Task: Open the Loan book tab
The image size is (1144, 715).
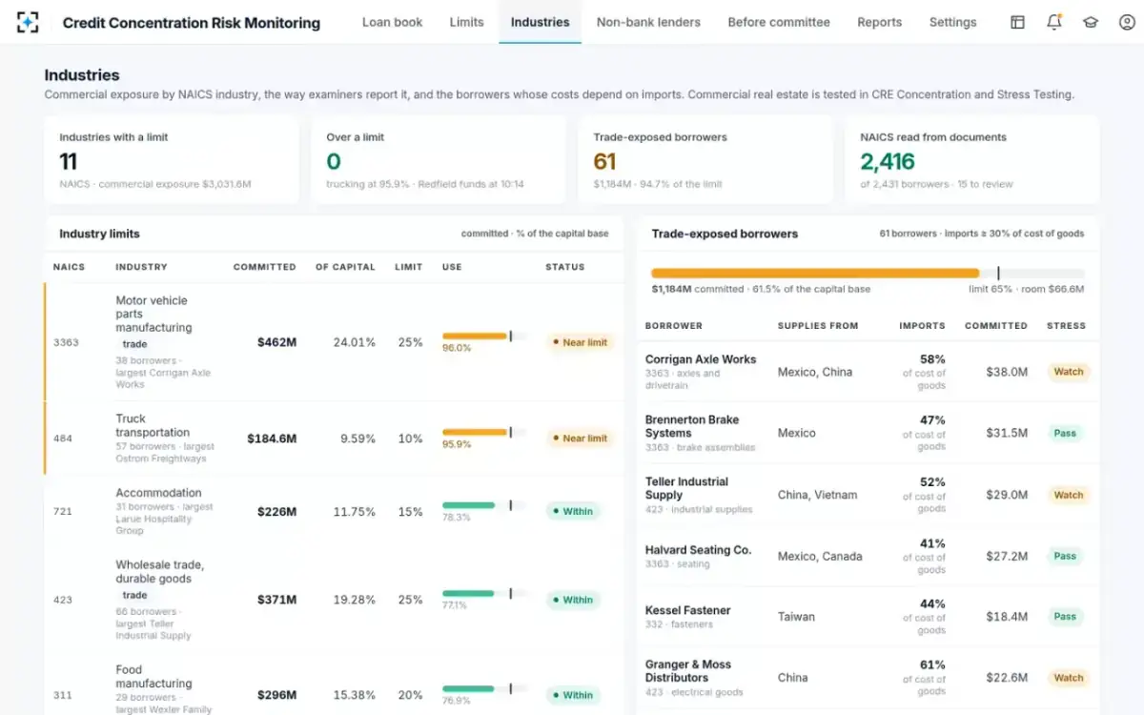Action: [x=392, y=23]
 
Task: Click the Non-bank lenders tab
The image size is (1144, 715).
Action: [x=648, y=23]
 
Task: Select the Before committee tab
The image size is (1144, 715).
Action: [x=778, y=23]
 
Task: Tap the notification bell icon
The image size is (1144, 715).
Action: [x=1054, y=22]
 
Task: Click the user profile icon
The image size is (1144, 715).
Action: [x=1127, y=22]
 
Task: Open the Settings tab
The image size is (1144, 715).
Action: [x=952, y=23]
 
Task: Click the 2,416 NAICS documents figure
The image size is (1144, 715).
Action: [x=888, y=161]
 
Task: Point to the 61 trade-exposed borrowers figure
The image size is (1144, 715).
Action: [x=604, y=161]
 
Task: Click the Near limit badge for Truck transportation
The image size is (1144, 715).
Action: [x=580, y=439]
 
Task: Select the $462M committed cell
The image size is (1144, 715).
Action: [x=276, y=342]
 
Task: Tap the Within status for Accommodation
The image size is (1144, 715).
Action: [x=573, y=511]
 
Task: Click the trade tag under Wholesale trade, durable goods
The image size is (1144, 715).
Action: [x=134, y=595]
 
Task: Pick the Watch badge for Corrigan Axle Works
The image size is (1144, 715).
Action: [x=1069, y=372]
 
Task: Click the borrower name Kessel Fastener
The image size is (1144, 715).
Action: [x=687, y=610]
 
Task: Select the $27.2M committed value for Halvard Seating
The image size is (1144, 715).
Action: [x=1007, y=556]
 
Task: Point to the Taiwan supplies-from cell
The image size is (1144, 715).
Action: [x=796, y=617]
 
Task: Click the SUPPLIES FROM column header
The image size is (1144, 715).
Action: [x=818, y=326]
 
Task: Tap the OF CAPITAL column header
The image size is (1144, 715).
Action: [x=345, y=267]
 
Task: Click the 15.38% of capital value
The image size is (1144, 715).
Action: [x=354, y=695]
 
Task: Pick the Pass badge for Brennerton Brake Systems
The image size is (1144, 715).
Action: [x=1065, y=433]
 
